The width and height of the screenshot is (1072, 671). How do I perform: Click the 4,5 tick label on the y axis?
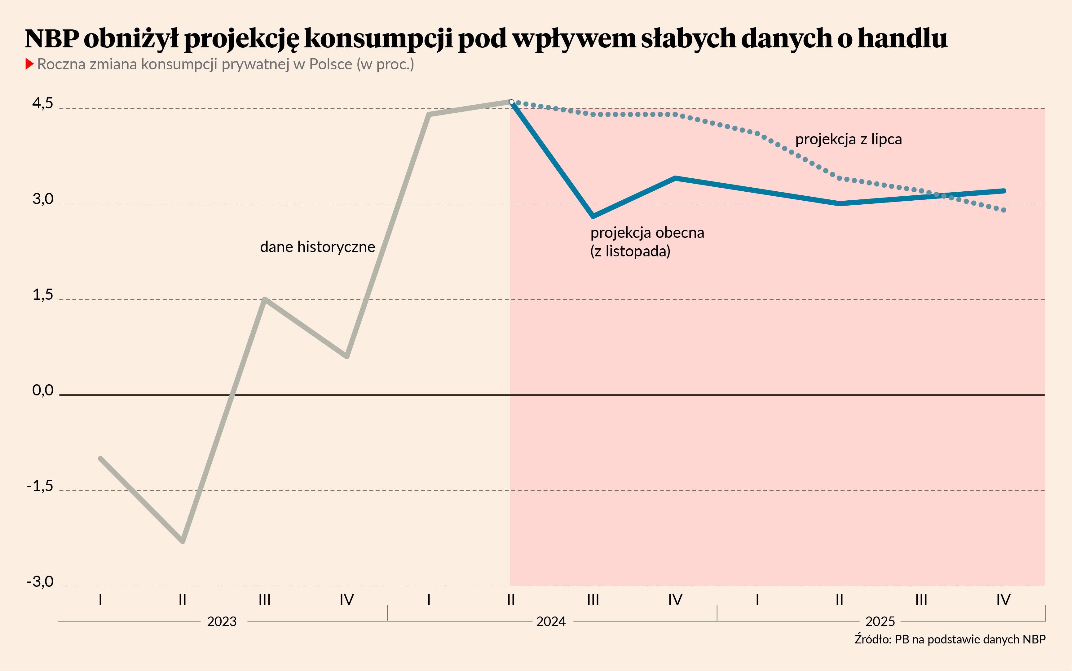tap(43, 104)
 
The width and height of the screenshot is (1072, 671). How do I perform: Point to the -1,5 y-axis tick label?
tap(40, 486)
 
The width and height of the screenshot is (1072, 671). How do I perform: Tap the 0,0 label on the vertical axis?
tap(43, 390)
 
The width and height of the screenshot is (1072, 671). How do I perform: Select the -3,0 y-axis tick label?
tap(40, 582)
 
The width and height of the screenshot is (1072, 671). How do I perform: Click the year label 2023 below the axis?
tap(222, 621)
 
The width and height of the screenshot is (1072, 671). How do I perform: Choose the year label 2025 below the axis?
tap(880, 621)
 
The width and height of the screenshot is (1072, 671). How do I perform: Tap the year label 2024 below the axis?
tap(551, 621)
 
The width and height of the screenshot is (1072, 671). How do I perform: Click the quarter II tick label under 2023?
tap(183, 600)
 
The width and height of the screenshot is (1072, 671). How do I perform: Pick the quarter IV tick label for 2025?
tap(1003, 600)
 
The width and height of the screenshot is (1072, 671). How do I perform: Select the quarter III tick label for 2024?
tap(593, 600)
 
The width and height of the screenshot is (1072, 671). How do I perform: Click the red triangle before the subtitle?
tap(30, 64)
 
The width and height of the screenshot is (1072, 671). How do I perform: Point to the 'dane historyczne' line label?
tap(318, 247)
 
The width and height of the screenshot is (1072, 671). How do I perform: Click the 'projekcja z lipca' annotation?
tap(848, 139)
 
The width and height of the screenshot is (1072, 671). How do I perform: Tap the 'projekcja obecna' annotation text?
tap(647, 233)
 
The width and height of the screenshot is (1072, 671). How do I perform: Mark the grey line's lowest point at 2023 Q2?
tap(183, 541)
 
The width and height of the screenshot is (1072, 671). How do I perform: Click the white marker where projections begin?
tap(511, 102)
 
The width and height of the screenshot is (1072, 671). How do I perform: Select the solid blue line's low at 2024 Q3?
tap(593, 216)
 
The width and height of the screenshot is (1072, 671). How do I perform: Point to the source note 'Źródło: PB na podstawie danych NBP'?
tap(950, 639)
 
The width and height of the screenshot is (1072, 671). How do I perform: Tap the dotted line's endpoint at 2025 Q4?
tap(1004, 210)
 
